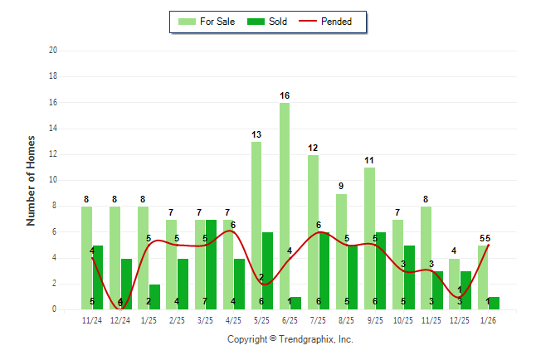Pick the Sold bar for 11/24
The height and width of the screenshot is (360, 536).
pos(98,277)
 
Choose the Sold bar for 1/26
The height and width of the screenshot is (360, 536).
pos(494,303)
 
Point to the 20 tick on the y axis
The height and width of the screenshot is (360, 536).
pos(53,51)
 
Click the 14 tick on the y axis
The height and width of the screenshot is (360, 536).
pos(53,128)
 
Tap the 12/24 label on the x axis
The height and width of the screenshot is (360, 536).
pos(120,319)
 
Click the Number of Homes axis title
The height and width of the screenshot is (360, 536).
pos(31,180)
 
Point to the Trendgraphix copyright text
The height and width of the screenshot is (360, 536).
pos(290,339)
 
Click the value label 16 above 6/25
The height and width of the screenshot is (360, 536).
pos(285,96)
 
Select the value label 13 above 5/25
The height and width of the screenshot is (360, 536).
pos(256,134)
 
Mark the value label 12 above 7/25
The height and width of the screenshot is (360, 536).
pos(313,148)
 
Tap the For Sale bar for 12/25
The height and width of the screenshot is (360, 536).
pos(454,284)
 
